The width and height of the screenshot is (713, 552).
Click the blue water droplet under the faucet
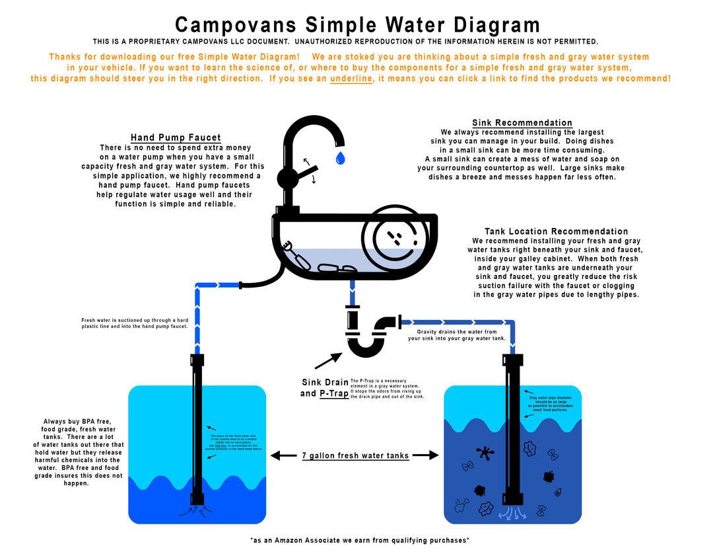pos(340,157)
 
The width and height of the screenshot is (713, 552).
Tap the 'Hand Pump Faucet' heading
pos(176,138)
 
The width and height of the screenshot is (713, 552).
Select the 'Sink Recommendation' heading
pos(522,123)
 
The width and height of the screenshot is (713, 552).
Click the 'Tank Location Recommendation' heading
pos(557,231)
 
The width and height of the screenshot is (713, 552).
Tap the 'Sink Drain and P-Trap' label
pos(324,388)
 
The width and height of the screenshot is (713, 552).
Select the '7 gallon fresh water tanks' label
pos(355,455)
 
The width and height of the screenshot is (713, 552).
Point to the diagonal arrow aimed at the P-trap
pos(328,361)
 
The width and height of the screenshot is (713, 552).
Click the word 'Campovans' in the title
pos(234,25)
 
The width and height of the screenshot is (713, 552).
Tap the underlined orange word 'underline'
pos(351,79)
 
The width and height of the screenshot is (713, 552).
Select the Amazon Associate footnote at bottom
pos(360,540)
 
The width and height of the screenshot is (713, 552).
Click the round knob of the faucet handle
pos(288,178)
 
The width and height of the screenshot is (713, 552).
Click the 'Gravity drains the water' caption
pos(457,335)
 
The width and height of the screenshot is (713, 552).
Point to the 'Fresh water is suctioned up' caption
pos(135,323)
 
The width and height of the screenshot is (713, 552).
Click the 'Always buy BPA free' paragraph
pos(78,452)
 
